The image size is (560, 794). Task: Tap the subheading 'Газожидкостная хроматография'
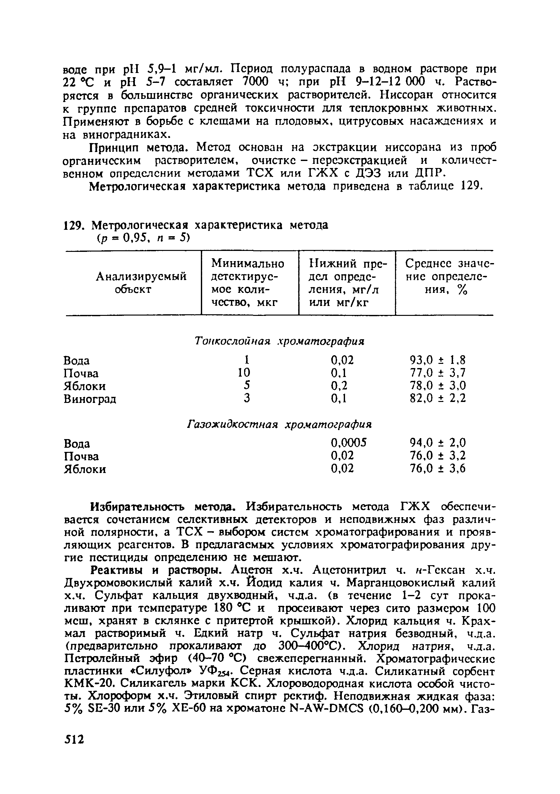[x=279, y=424]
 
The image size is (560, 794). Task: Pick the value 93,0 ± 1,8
[x=438, y=360]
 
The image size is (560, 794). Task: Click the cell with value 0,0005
[x=348, y=443]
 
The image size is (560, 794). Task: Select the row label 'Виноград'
[x=90, y=399]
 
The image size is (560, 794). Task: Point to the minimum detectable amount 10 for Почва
[x=244, y=373]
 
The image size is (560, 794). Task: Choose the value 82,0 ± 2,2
[x=438, y=398]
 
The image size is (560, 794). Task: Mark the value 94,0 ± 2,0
[x=438, y=443]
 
